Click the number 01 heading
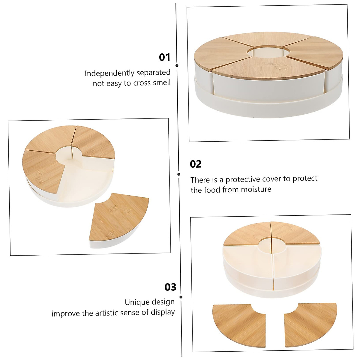pyautogui.click(x=164, y=57)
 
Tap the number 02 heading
pyautogui.click(x=196, y=164)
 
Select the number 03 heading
pyautogui.click(x=170, y=287)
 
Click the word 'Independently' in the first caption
pyautogui.click(x=109, y=73)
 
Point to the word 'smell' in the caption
pyautogui.click(x=162, y=82)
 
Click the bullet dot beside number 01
pyautogui.click(x=177, y=65)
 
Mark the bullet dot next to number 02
pyautogui.click(x=179, y=174)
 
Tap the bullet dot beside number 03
pyautogui.click(x=181, y=297)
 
